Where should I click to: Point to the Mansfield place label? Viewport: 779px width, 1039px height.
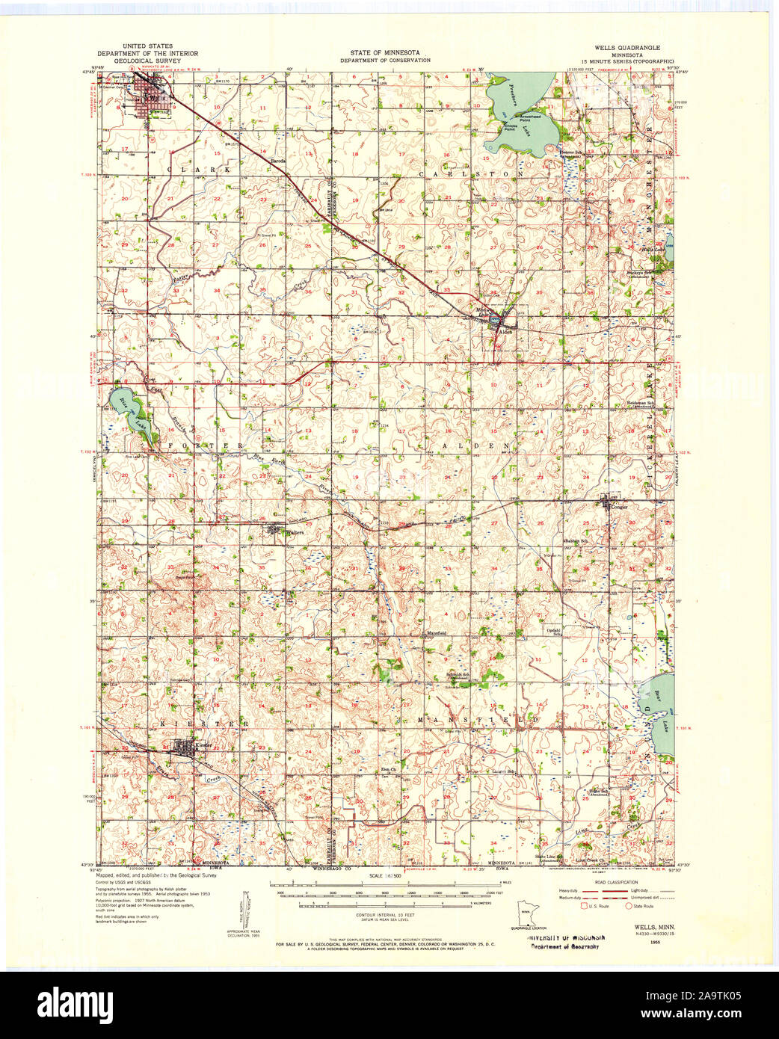437,633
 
